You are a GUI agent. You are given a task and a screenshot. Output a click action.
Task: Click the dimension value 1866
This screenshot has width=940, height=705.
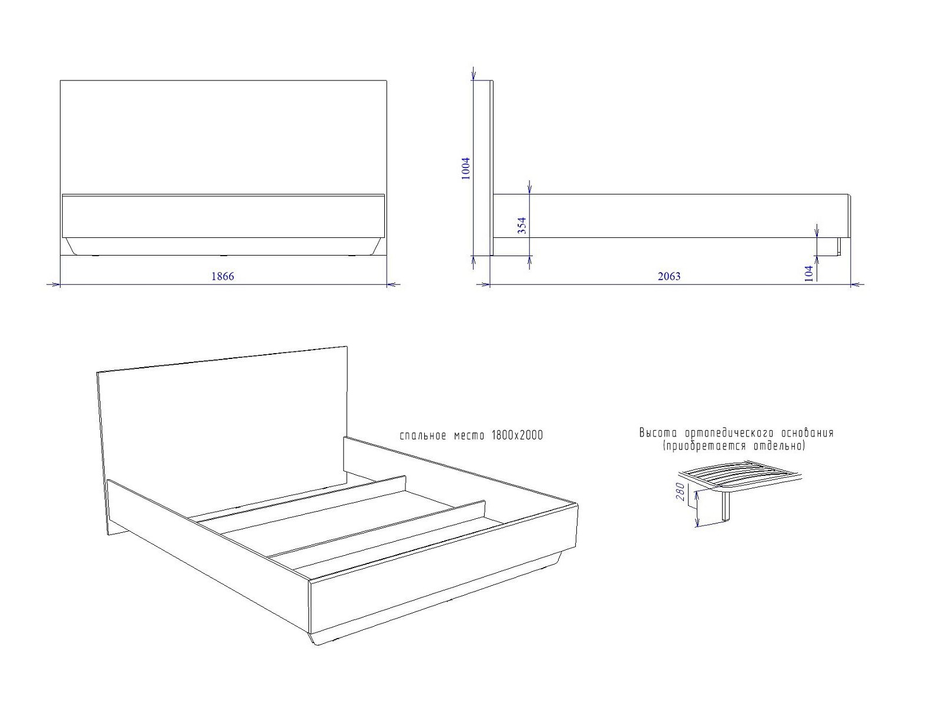[223, 276]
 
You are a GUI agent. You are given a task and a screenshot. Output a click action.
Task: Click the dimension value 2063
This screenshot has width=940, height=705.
[669, 276]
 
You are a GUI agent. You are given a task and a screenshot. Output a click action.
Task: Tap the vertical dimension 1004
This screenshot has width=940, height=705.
[466, 168]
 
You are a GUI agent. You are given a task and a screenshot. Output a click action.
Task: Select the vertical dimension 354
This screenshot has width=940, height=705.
[522, 226]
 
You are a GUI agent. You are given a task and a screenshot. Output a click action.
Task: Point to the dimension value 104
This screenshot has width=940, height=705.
[808, 273]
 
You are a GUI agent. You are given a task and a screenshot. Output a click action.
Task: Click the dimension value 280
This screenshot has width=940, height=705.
[680, 492]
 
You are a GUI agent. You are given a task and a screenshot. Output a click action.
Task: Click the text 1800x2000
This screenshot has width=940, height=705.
[517, 435]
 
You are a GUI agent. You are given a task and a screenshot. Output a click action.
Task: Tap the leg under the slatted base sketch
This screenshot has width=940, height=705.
[725, 507]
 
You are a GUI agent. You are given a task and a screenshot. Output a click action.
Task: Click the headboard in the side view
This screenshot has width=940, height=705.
[491, 168]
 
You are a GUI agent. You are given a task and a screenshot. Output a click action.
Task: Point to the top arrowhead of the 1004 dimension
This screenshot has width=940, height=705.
[473, 75]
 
